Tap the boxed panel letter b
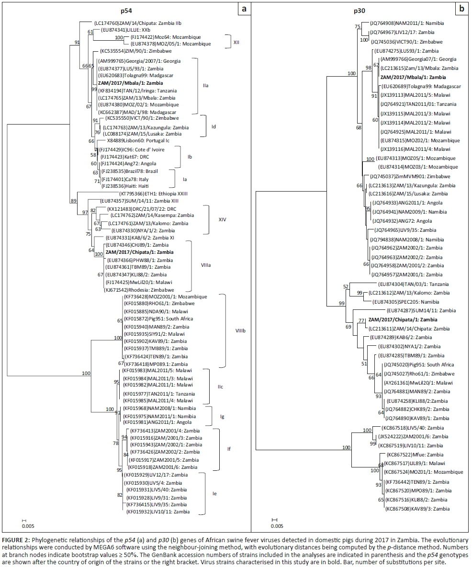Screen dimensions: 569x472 462,9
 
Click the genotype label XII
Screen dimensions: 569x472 236,42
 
